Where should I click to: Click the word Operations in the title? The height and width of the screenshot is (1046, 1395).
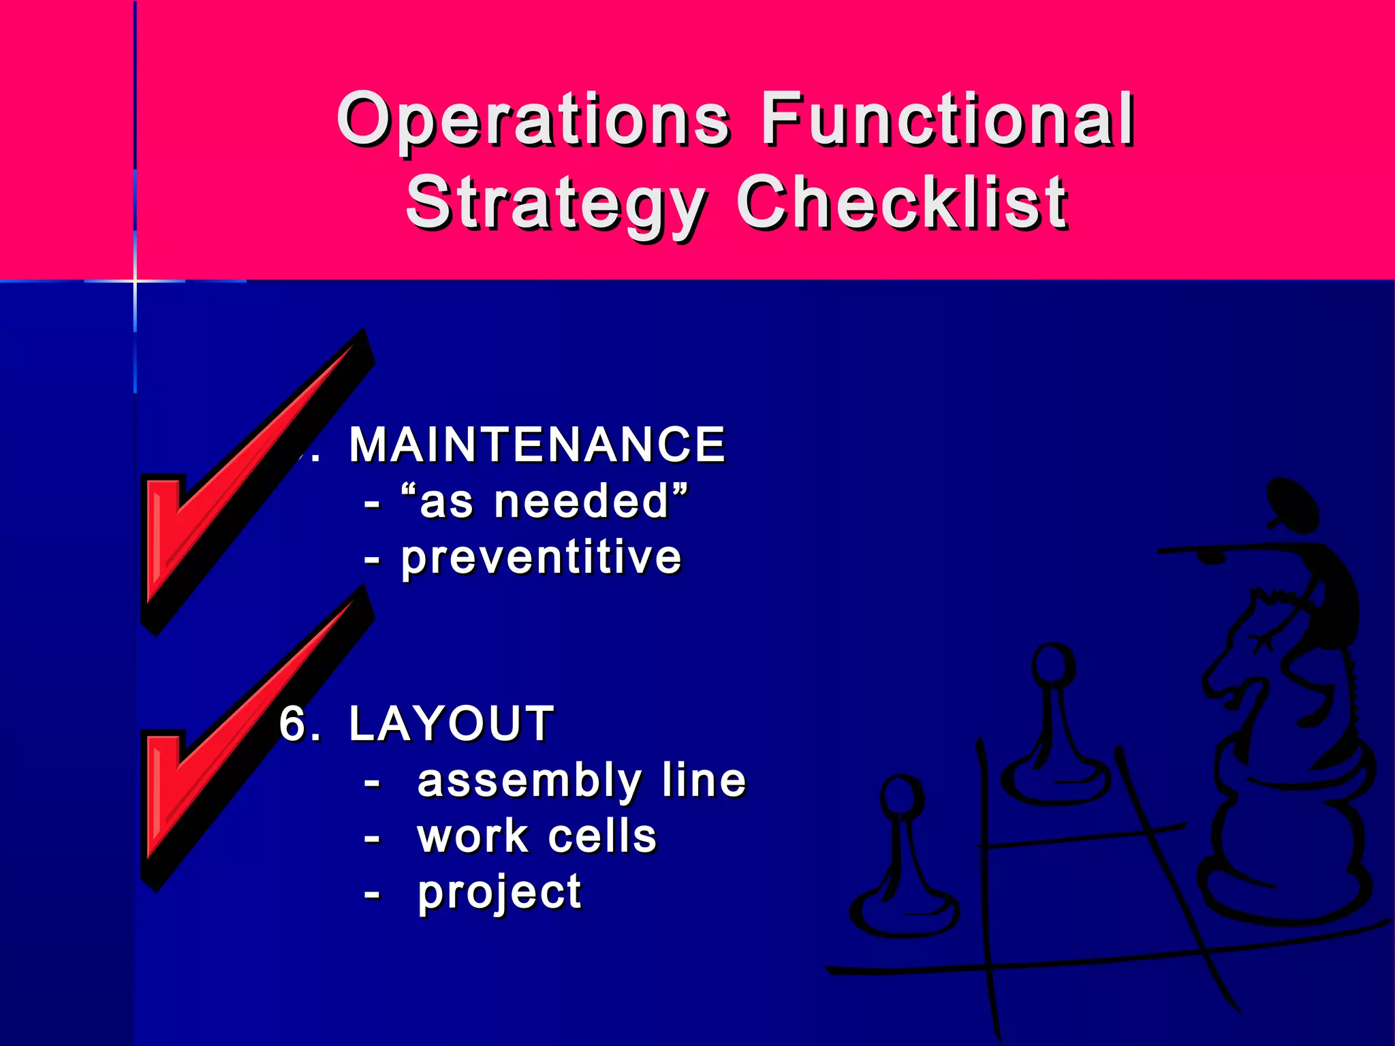tap(533, 121)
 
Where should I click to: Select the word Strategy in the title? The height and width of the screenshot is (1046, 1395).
tap(555, 203)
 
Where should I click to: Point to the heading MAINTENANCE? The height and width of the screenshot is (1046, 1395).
tap(537, 445)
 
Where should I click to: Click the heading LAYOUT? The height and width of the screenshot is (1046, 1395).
tap(451, 723)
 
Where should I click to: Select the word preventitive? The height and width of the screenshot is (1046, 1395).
tap(541, 558)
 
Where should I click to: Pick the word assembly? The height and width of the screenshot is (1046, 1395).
tap(529, 781)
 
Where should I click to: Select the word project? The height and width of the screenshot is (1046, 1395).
tap(499, 893)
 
